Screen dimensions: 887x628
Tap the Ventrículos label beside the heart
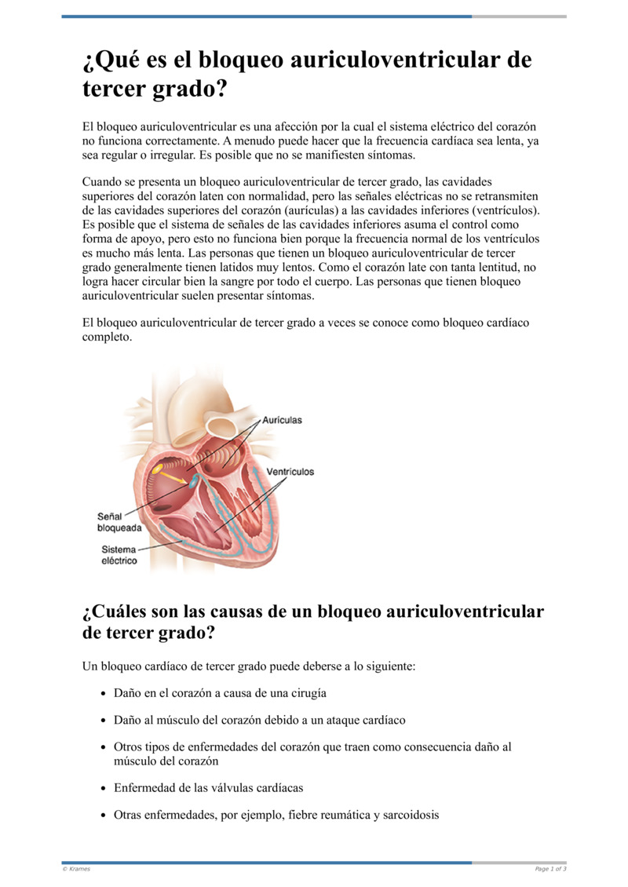pos(290,472)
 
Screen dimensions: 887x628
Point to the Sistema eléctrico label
pos(119,555)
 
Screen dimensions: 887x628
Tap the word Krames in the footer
pos(78,869)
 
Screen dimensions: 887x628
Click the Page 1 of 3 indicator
pos(550,869)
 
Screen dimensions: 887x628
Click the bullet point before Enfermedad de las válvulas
pos(104,787)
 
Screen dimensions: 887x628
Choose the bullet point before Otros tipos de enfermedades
pos(104,747)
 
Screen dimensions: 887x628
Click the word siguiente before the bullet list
pos(385,666)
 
